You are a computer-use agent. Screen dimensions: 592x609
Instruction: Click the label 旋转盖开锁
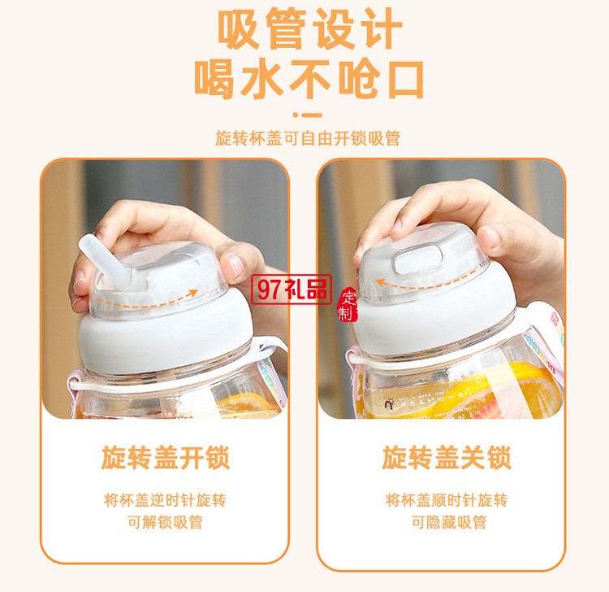coord(166,458)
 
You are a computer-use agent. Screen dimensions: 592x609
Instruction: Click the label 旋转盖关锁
coord(446,458)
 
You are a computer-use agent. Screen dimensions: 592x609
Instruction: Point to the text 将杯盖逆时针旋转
coord(166,500)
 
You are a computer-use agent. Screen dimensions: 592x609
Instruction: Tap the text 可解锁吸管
coord(166,523)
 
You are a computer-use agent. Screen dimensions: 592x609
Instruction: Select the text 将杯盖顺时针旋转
coord(446,500)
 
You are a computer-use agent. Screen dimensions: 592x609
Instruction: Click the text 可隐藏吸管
coord(446,523)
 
